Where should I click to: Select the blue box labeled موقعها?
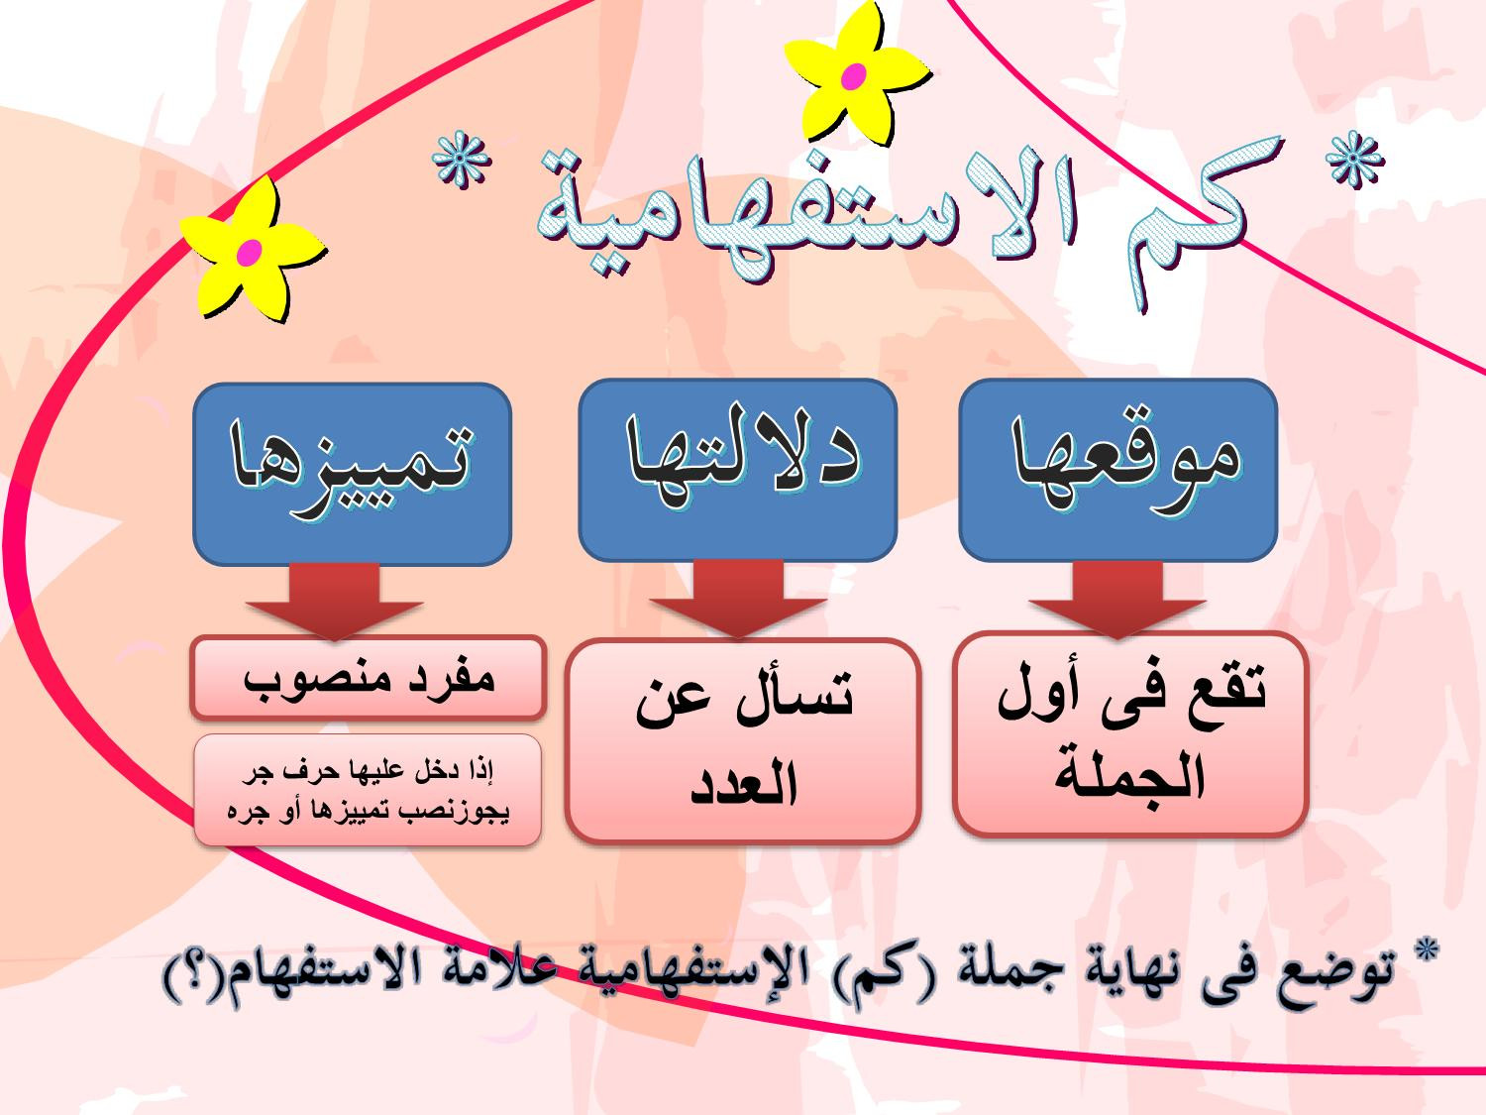[x=1117, y=470]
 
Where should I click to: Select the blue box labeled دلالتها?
[x=737, y=470]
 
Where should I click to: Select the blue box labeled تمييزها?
[x=352, y=474]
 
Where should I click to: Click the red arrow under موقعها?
[x=1117, y=600]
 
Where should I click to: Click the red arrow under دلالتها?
[x=738, y=600]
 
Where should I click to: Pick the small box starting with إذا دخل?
[x=368, y=790]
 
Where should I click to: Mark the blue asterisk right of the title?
[x=1354, y=162]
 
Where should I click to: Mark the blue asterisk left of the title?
[x=461, y=162]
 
